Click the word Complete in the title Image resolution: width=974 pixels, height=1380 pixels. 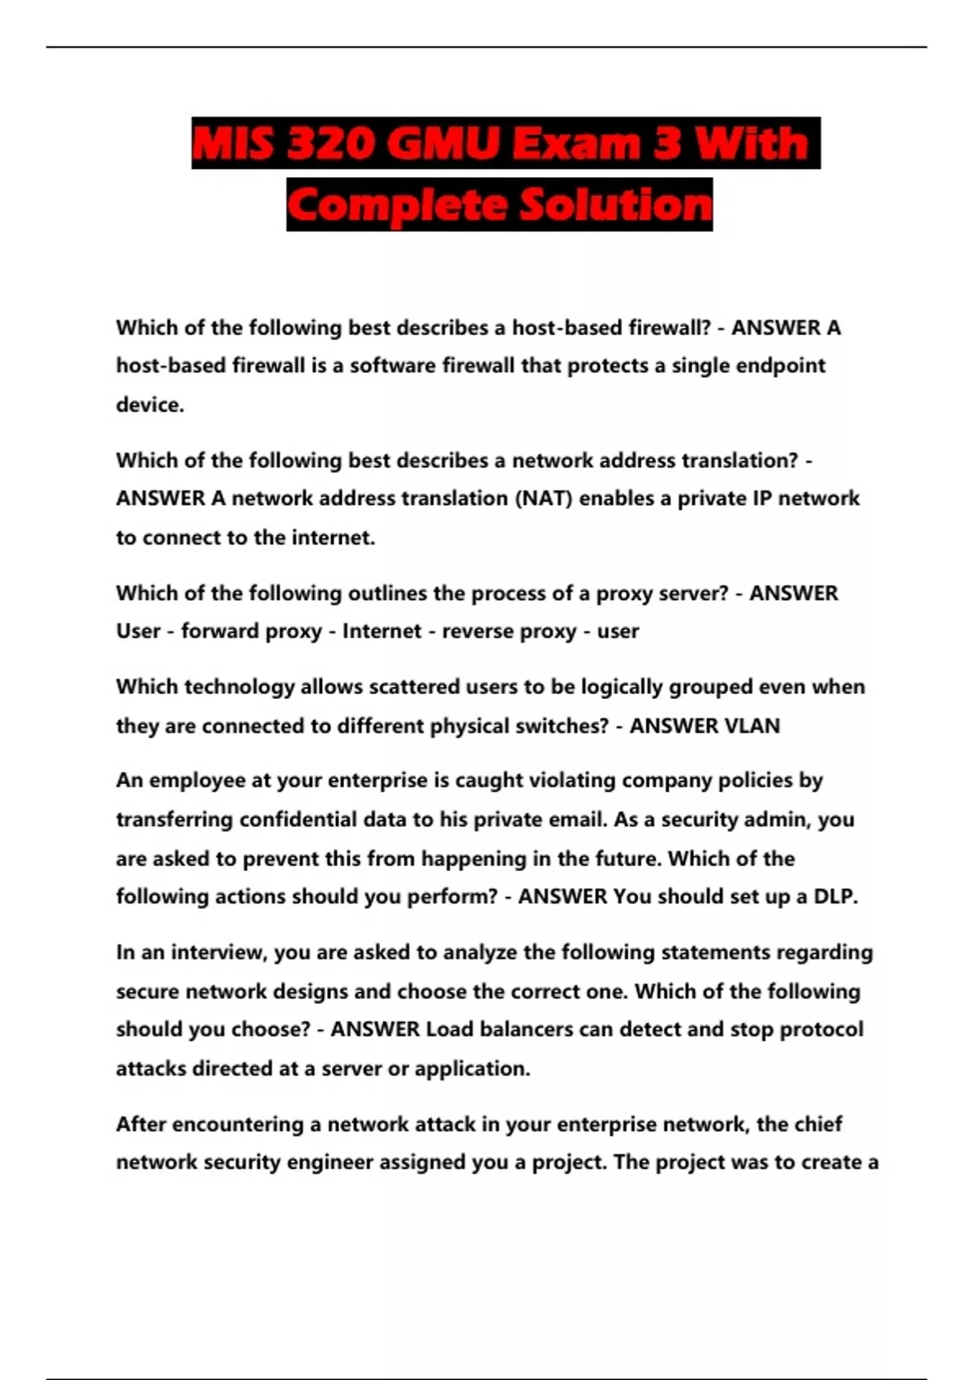pos(398,205)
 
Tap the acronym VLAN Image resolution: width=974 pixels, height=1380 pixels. pos(752,726)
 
